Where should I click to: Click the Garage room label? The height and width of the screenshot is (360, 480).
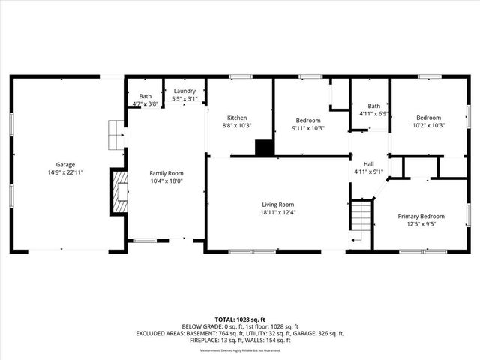click(64, 164)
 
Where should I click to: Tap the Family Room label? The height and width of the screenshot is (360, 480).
click(165, 172)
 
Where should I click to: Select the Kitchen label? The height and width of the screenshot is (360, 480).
click(237, 118)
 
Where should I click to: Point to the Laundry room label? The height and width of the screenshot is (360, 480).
click(184, 91)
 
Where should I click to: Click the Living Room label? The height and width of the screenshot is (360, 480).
click(277, 205)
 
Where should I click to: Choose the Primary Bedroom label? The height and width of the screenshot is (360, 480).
click(421, 215)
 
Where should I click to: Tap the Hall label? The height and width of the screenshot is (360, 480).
click(369, 163)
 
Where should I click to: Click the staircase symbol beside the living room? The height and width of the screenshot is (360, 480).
click(361, 216)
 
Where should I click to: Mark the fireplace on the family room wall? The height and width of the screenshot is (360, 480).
click(119, 193)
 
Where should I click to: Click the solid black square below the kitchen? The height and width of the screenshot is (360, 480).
click(264, 148)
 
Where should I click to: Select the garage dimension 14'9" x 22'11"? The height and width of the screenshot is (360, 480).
click(64, 172)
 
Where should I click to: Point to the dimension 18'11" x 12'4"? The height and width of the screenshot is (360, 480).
click(277, 212)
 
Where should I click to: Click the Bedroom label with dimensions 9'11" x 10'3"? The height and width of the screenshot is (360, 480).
click(308, 121)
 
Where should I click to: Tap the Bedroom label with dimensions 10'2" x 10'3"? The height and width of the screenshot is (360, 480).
click(429, 118)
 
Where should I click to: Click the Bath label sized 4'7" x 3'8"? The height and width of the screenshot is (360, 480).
click(145, 96)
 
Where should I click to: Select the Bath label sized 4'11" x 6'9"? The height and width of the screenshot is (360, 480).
click(373, 106)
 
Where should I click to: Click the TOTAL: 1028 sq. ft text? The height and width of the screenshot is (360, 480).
click(239, 319)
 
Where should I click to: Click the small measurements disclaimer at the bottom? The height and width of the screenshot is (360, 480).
click(239, 350)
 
